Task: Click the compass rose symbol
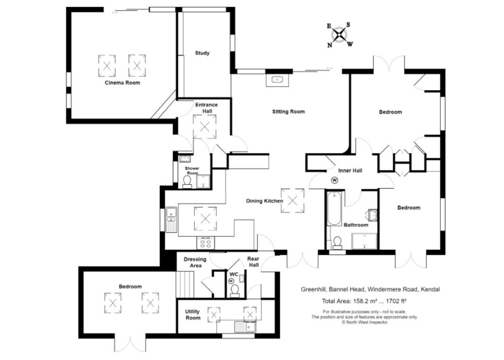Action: point(340,35)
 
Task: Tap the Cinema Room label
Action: point(123,83)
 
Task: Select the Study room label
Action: point(202,53)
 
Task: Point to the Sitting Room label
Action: point(288,112)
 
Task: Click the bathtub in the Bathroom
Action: point(334,208)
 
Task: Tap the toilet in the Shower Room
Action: point(187,181)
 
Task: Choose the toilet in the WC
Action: point(235,290)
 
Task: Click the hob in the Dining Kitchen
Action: point(206,242)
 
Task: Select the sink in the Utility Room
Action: point(245,327)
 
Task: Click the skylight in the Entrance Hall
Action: point(204,127)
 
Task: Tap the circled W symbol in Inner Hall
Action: point(335,180)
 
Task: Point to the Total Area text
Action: point(364,301)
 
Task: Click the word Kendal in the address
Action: point(430,289)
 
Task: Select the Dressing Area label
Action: point(195,262)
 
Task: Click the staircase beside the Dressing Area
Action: point(186,285)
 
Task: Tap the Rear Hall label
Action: point(253,262)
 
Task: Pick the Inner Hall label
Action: point(350,171)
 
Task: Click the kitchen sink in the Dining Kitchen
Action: point(171,219)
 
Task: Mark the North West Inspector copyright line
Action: point(365,322)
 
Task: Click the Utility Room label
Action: point(192,315)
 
